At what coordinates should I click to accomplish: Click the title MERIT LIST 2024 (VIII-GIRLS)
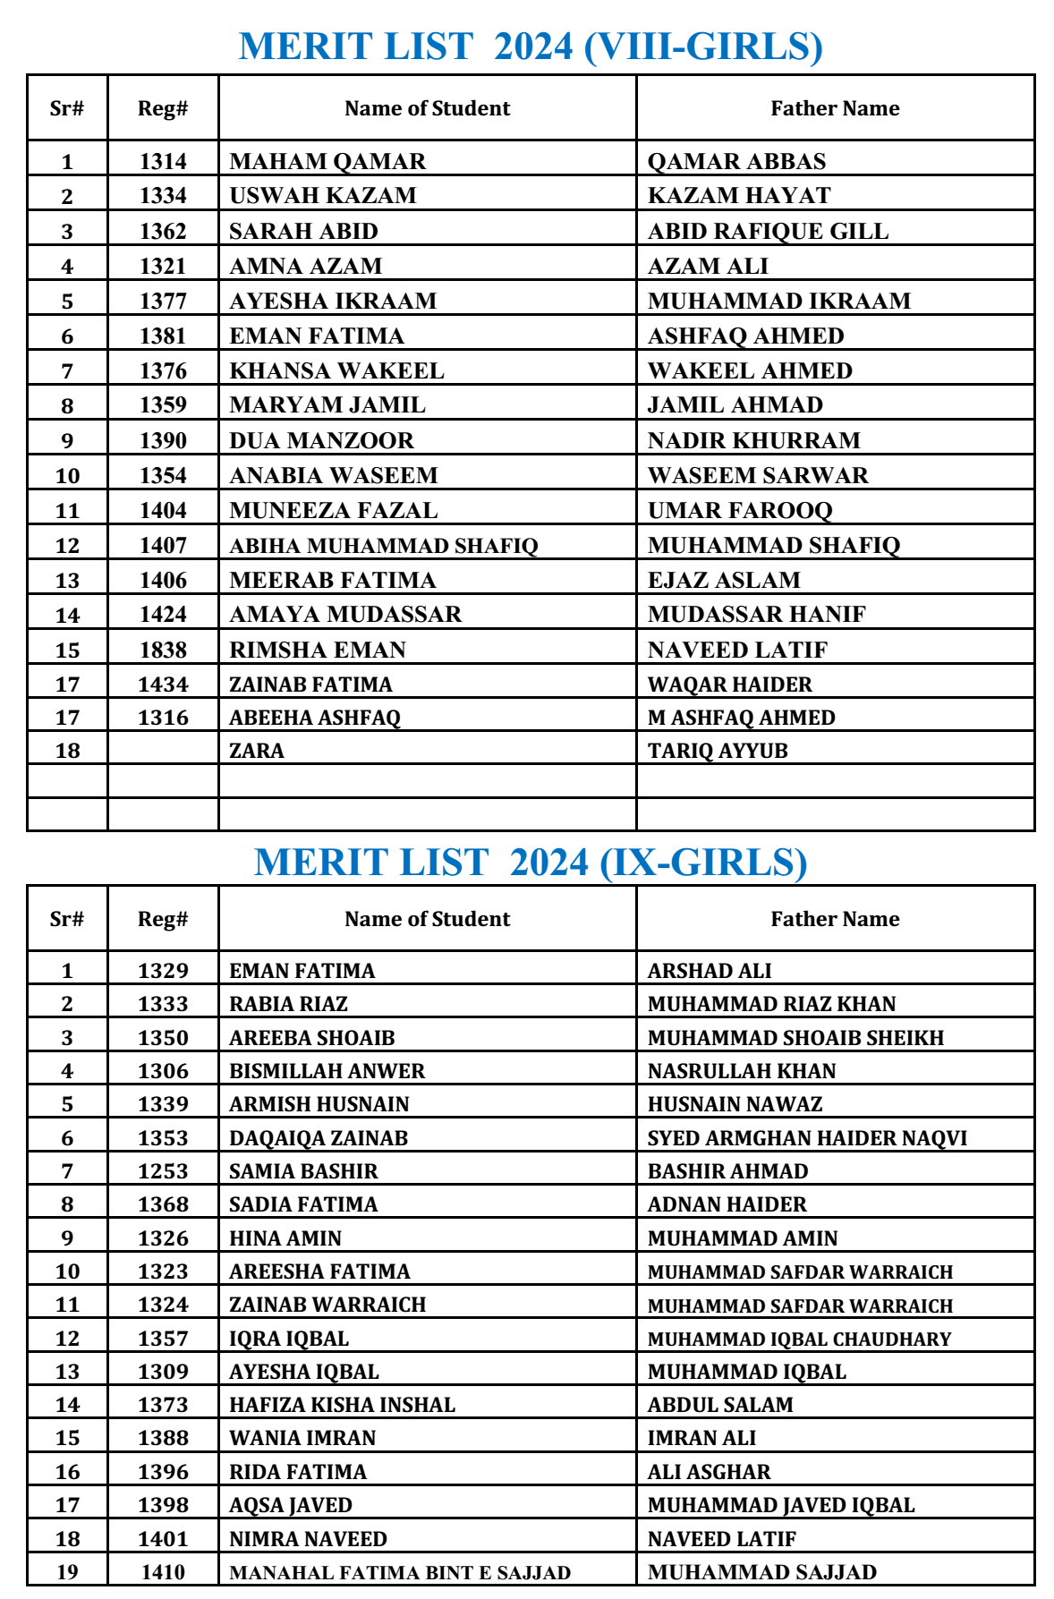point(531,46)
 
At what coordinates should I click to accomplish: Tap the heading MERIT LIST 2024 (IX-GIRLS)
point(531,862)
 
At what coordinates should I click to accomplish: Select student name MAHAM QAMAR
point(327,161)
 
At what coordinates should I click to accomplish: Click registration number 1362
point(163,231)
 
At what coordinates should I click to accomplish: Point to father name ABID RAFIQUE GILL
point(768,231)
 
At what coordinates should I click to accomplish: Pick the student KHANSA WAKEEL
point(336,370)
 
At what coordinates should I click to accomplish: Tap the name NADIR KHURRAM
point(753,440)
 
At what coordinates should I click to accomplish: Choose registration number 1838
point(163,650)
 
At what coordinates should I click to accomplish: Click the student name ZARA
point(257,751)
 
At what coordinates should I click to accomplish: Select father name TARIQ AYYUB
point(718,751)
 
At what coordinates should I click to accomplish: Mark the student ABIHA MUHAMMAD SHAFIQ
point(384,545)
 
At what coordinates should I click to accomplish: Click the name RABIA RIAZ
point(288,1004)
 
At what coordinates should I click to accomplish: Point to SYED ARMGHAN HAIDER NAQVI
point(807,1138)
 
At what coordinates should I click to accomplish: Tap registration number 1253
point(163,1171)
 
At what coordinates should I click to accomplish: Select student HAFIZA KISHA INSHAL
point(342,1405)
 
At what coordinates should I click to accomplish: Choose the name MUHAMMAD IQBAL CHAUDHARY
point(799,1339)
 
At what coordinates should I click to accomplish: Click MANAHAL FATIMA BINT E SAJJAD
point(400,1572)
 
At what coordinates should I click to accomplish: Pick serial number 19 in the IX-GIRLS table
point(67,1572)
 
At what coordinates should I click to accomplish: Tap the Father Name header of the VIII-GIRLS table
point(835,108)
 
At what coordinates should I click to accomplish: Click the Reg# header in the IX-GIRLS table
point(163,919)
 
